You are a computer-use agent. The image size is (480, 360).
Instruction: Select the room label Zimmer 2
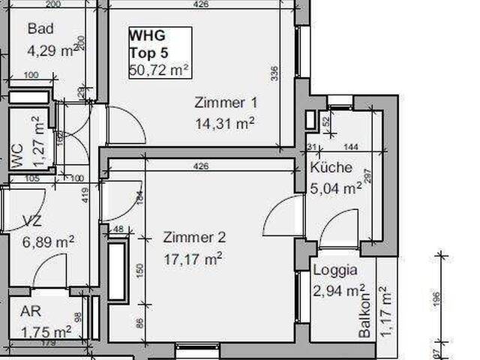[194, 238]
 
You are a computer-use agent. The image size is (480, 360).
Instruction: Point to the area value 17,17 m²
[193, 259]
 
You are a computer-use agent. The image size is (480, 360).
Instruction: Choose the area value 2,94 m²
[339, 289]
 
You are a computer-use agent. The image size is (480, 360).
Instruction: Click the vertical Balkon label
[365, 314]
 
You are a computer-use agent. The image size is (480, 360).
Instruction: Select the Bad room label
[41, 30]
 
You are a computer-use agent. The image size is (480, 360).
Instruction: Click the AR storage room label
[31, 312]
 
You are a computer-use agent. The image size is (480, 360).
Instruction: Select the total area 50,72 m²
[157, 70]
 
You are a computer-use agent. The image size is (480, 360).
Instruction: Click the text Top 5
[147, 52]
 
